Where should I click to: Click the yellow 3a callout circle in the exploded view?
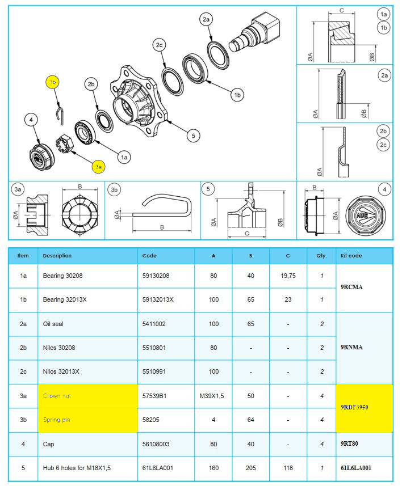point(99,167)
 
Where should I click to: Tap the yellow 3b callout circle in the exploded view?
point(53,82)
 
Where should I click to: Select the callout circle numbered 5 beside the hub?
point(194,136)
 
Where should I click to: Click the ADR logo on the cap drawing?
point(362,215)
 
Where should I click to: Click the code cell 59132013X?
point(158,299)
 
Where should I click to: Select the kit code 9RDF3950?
point(354,407)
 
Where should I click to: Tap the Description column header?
point(57,256)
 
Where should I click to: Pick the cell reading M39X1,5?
point(213,396)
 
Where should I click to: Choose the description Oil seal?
point(55,323)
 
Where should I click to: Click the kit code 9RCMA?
point(352,287)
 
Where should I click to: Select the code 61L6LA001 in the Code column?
point(157,468)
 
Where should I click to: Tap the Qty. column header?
point(321,256)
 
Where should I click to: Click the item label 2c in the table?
point(23,371)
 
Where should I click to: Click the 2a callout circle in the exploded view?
point(206,20)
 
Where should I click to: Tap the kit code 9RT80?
point(350,444)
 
